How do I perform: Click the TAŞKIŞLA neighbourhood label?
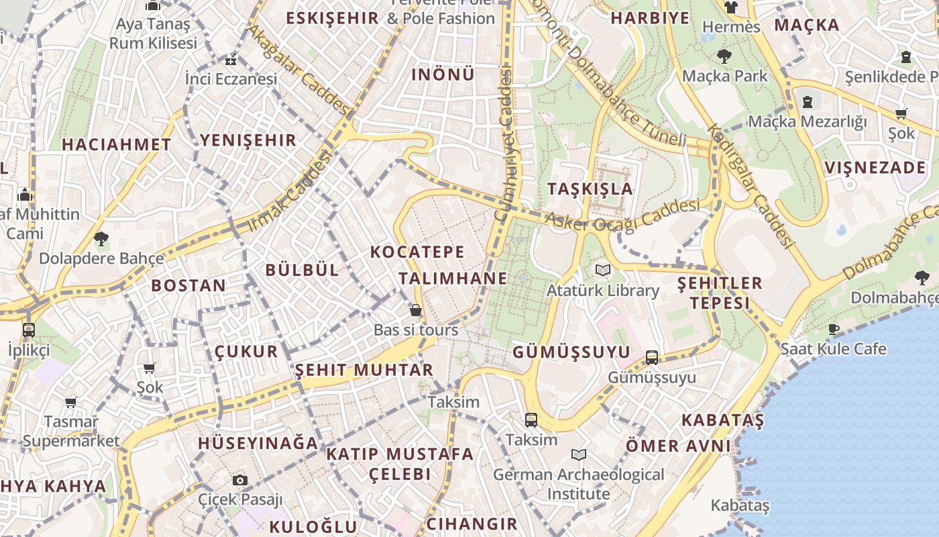[x=590, y=188]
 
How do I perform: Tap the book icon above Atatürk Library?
[x=603, y=271]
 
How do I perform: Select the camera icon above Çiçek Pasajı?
[x=239, y=480]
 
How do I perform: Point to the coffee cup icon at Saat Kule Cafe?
[x=833, y=329]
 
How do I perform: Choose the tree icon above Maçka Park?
[x=724, y=56]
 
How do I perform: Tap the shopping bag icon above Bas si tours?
[x=416, y=310]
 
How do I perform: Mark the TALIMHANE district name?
[x=453, y=279]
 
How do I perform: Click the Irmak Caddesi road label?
[x=291, y=192]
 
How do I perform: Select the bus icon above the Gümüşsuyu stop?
[x=651, y=357]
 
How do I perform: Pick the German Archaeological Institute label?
[x=578, y=484]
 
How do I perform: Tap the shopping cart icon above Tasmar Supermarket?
[x=70, y=402]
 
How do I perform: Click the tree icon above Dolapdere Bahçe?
[x=101, y=238]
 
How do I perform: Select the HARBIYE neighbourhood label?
[x=650, y=18]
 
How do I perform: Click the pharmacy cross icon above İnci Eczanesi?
[x=231, y=60]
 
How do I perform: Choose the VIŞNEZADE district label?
[x=875, y=167]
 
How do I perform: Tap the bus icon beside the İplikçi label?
[x=28, y=330]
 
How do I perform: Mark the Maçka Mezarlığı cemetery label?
[x=807, y=121]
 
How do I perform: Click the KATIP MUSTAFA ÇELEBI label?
[x=400, y=464]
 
